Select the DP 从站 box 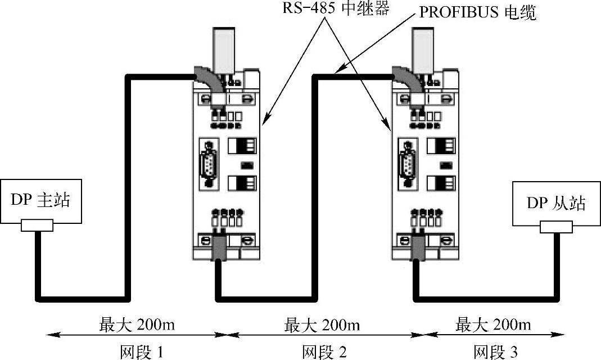tap(555, 203)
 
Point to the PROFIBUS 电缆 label tap(477, 12)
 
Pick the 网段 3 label tap(494, 352)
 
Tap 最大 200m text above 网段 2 tap(323, 325)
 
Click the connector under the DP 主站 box tap(37, 226)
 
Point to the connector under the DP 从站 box tap(556, 227)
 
